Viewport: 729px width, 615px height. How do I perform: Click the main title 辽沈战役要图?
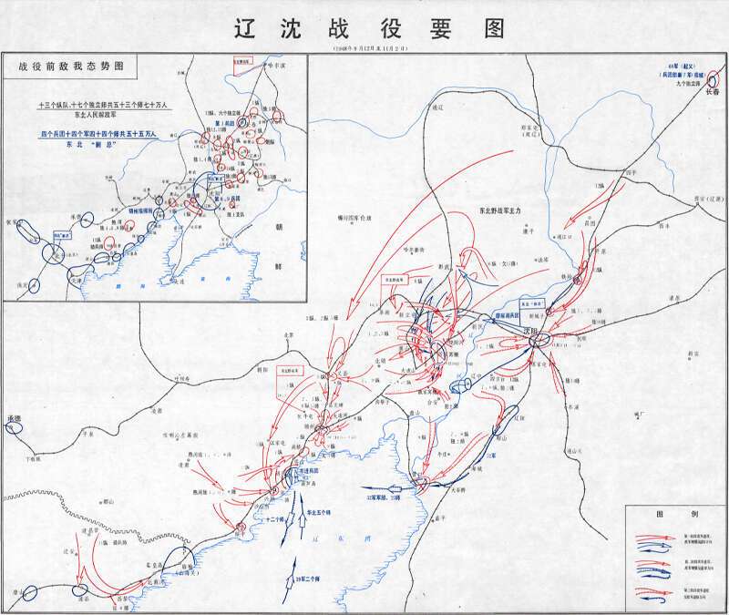pyautogui.click(x=364, y=27)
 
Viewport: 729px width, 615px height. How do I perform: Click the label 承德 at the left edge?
pyautogui.click(x=13, y=418)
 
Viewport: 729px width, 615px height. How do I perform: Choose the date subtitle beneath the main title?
pyautogui.click(x=364, y=47)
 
